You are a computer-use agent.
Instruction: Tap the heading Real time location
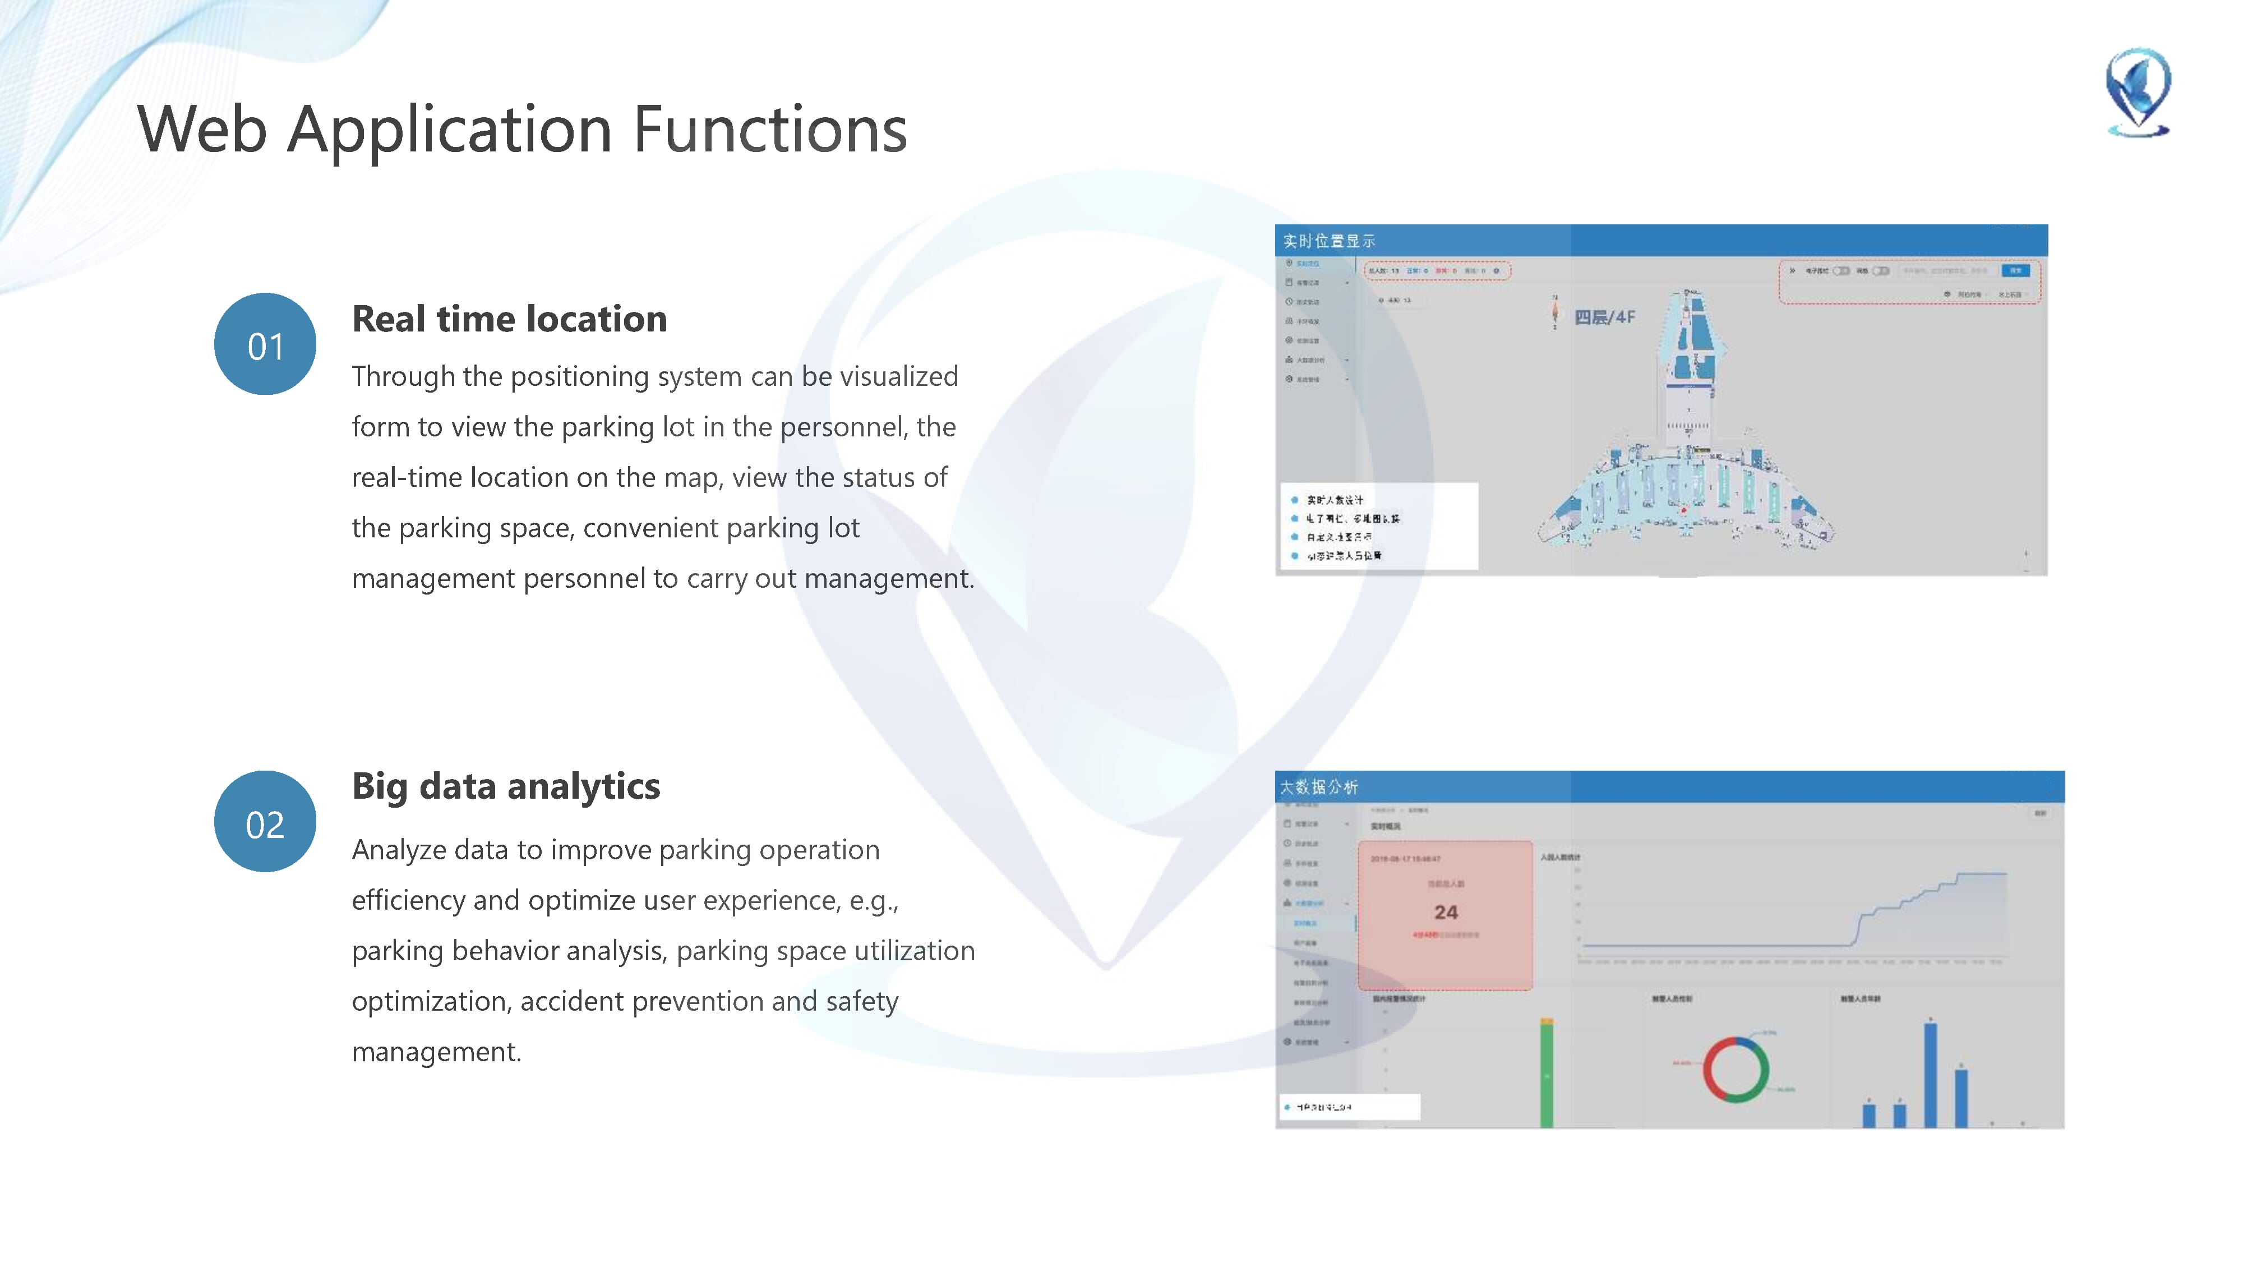point(509,320)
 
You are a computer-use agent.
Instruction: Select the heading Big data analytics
point(506,786)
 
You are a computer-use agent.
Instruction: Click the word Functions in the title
point(770,130)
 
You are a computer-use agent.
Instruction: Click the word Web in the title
point(202,130)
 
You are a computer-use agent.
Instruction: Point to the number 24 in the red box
point(1446,912)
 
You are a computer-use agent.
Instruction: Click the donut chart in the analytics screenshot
point(1736,1070)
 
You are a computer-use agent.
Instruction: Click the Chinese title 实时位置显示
point(1329,241)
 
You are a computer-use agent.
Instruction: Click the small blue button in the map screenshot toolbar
point(2015,271)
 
